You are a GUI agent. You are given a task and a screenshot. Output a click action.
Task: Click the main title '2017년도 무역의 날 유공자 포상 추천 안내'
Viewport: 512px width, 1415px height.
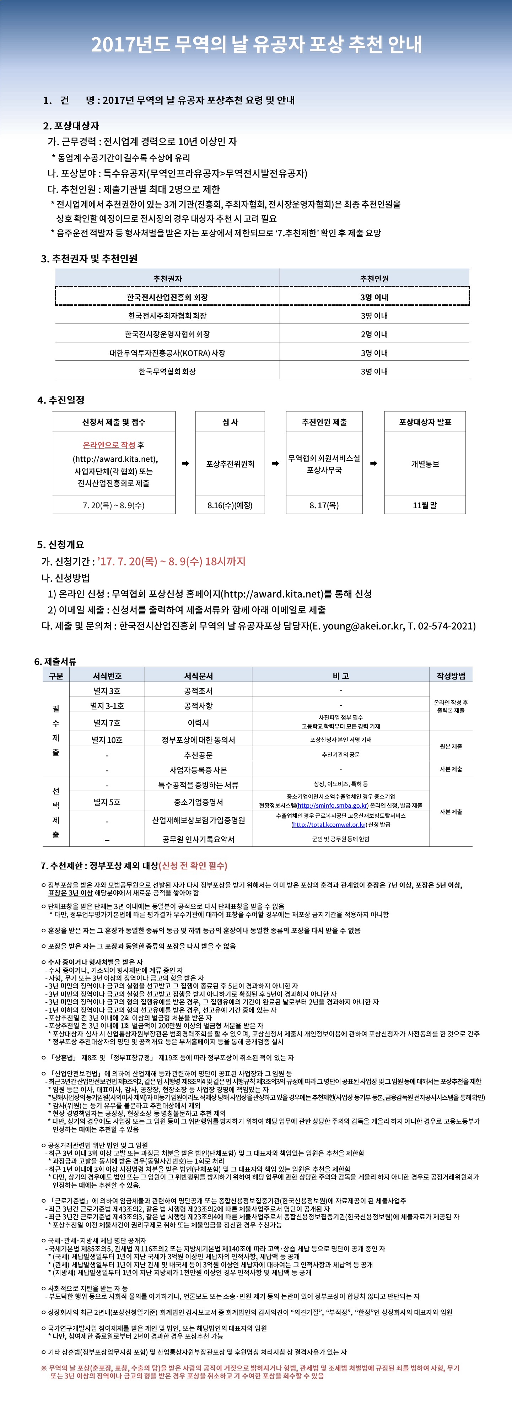coord(256,44)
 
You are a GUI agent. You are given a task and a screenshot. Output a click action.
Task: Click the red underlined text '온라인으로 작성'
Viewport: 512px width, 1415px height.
coord(109,445)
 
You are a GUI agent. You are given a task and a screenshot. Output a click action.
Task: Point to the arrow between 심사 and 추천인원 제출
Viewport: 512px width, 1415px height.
coord(275,463)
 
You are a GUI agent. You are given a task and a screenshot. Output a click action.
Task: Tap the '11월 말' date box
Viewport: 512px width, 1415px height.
coord(425,505)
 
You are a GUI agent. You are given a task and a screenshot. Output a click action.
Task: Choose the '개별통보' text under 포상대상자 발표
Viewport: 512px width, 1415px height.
coord(425,463)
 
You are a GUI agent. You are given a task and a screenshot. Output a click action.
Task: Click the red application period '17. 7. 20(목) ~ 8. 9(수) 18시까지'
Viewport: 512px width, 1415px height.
coord(171,562)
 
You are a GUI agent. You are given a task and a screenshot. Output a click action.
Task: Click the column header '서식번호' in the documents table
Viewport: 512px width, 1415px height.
coord(107,676)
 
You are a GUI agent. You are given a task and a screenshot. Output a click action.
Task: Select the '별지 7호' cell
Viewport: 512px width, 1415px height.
coord(107,722)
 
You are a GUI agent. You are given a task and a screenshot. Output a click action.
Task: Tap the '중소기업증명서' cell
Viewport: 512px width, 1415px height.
coord(198,802)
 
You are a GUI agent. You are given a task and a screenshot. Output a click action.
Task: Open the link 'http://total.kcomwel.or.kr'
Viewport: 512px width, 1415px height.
coord(329,824)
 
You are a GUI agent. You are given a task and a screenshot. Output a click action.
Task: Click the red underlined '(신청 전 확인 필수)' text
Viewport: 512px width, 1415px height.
coord(193,865)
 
